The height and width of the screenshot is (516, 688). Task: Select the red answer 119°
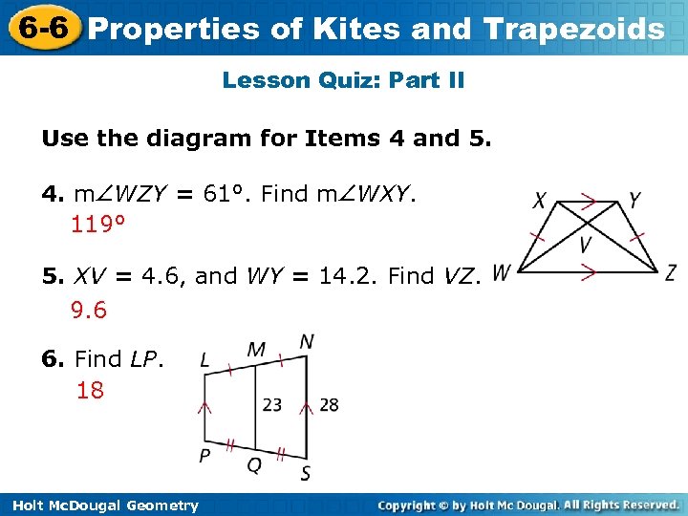click(99, 226)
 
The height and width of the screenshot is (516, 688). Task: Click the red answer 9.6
click(89, 311)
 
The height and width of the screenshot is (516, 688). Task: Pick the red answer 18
click(91, 390)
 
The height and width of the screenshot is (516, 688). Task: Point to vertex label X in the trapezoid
click(541, 202)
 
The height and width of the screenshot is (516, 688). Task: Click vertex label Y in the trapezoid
click(635, 201)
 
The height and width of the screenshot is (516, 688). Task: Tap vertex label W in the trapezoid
click(502, 271)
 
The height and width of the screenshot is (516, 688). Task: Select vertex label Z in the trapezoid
click(672, 271)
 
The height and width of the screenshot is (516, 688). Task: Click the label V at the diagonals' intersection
click(587, 246)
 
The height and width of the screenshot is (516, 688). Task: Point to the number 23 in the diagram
click(272, 405)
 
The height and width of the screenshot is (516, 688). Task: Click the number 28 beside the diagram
click(329, 405)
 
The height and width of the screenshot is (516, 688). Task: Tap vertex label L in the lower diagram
click(205, 360)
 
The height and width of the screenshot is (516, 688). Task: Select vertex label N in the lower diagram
click(307, 341)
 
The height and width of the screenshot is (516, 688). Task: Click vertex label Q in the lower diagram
click(254, 465)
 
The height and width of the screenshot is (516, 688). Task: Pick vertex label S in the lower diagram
click(305, 473)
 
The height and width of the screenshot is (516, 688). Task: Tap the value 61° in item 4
click(229, 194)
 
